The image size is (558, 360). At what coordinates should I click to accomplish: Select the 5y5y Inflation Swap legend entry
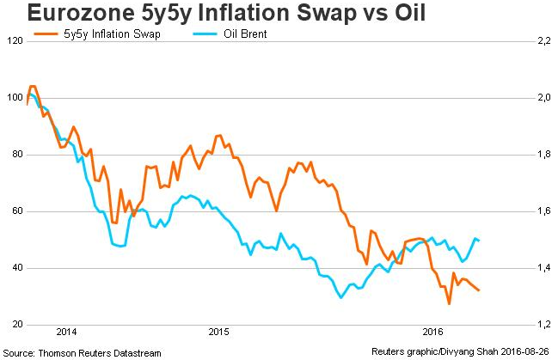click(101, 34)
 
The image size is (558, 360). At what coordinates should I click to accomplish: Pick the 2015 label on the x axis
click(219, 332)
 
